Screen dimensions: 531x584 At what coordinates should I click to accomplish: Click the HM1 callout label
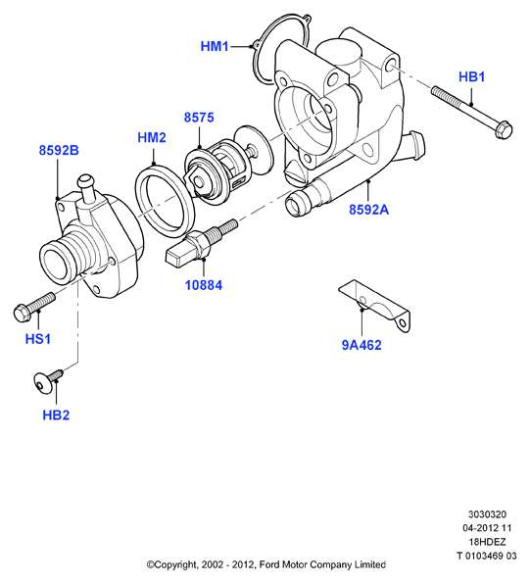tap(215, 47)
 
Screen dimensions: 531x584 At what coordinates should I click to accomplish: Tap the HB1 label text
tap(472, 77)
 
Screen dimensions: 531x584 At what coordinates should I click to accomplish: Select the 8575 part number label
tap(199, 118)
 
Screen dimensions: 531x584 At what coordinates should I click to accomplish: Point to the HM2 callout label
tap(152, 138)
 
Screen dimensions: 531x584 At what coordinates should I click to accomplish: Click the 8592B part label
tap(59, 151)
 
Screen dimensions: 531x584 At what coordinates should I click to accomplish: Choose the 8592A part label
tap(368, 210)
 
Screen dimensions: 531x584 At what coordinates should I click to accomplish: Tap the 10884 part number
tap(204, 286)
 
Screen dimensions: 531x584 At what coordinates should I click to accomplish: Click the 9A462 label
tap(362, 345)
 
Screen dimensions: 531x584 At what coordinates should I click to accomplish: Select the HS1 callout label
tap(38, 339)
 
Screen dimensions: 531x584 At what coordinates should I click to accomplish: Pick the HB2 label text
tap(56, 415)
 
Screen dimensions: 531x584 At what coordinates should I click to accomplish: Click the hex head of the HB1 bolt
tap(504, 129)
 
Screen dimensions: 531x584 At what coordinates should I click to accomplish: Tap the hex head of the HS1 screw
tap(23, 313)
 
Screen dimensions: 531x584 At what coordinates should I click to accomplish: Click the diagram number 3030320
tap(487, 514)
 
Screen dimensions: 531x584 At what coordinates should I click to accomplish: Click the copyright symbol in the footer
tap(150, 565)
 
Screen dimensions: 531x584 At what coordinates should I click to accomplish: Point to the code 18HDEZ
tap(487, 542)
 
